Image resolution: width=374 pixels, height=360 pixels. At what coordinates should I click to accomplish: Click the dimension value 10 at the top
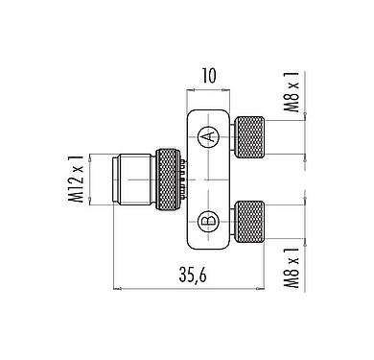click(209, 73)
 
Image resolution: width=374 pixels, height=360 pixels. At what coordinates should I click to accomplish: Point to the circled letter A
click(208, 137)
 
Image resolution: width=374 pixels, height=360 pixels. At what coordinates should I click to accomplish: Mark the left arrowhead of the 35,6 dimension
click(118, 287)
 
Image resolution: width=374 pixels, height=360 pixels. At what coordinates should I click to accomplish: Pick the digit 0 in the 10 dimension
click(215, 73)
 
